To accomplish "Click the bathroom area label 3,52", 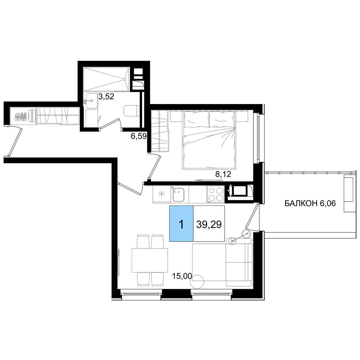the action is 106,96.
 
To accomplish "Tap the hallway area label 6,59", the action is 139,136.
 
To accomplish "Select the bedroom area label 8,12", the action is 223,175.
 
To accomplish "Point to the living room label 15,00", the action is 182,276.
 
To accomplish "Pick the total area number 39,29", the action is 209,224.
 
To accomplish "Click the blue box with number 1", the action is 181,224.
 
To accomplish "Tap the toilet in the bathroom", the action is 131,111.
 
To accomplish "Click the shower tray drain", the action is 125,79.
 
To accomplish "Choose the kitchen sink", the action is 178,195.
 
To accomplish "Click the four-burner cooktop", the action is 215,194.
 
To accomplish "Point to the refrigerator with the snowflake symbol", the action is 162,194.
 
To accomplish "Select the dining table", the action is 150,260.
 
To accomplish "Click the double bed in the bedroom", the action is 209,140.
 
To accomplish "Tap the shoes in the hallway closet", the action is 21,116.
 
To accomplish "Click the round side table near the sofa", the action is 197,281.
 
